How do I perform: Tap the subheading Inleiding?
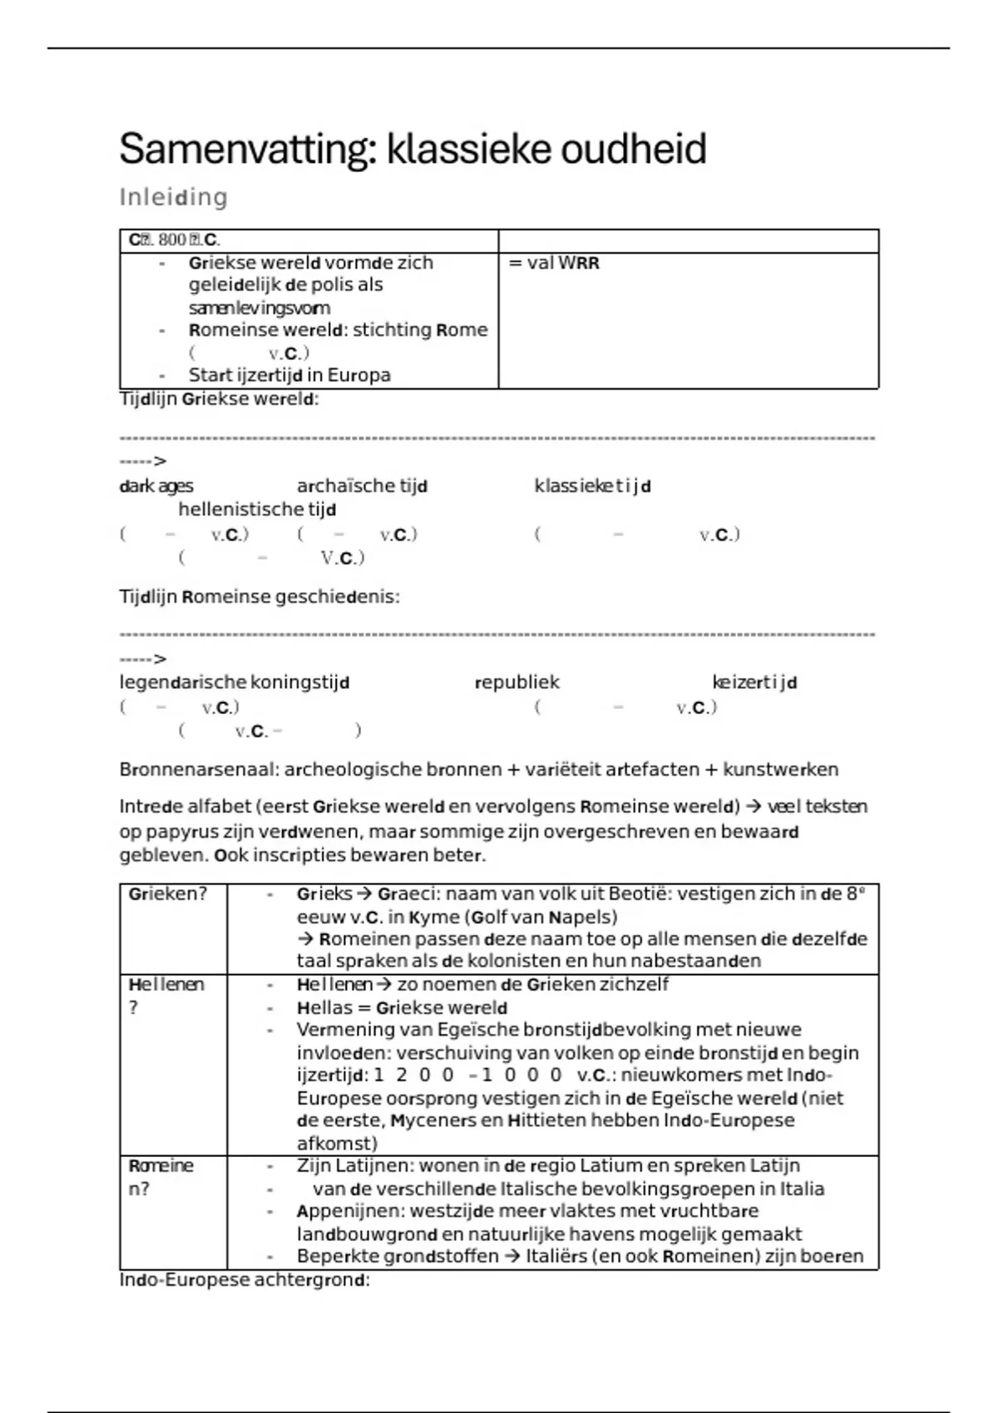click(x=173, y=198)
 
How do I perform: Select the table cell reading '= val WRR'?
click(x=554, y=263)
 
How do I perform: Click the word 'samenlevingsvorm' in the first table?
click(x=259, y=308)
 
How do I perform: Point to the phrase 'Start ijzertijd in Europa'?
click(x=289, y=375)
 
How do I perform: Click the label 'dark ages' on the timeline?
click(x=156, y=486)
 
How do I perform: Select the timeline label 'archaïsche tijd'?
click(x=362, y=486)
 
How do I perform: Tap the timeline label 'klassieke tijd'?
click(x=592, y=486)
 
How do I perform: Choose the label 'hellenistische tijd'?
click(x=257, y=510)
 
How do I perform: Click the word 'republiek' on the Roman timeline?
click(x=516, y=682)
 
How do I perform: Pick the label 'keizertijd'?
click(x=754, y=682)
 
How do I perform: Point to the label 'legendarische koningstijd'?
click(x=234, y=682)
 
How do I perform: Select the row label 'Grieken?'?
click(x=167, y=894)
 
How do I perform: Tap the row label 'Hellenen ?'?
click(x=166, y=995)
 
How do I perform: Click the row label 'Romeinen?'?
click(x=161, y=1177)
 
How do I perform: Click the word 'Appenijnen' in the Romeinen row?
click(x=349, y=1211)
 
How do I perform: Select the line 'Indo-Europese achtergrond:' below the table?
click(x=245, y=1280)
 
